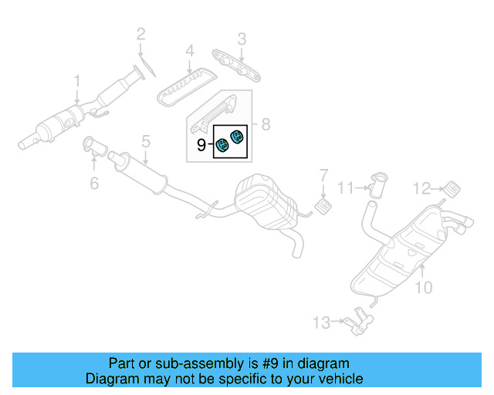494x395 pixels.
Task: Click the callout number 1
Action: click(76, 81)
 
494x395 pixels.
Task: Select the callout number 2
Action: click(140, 33)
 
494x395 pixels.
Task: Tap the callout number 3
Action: click(242, 38)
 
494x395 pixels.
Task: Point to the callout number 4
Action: click(188, 52)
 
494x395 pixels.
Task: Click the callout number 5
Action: click(144, 141)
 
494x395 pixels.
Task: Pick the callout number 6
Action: click(94, 183)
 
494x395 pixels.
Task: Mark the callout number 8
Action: click(265, 123)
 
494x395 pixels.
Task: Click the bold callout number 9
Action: click(201, 144)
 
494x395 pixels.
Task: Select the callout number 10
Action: click(424, 288)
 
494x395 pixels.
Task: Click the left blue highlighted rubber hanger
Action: click(221, 144)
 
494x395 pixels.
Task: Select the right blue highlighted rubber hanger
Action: click(236, 140)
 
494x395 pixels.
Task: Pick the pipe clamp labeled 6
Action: click(90, 144)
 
